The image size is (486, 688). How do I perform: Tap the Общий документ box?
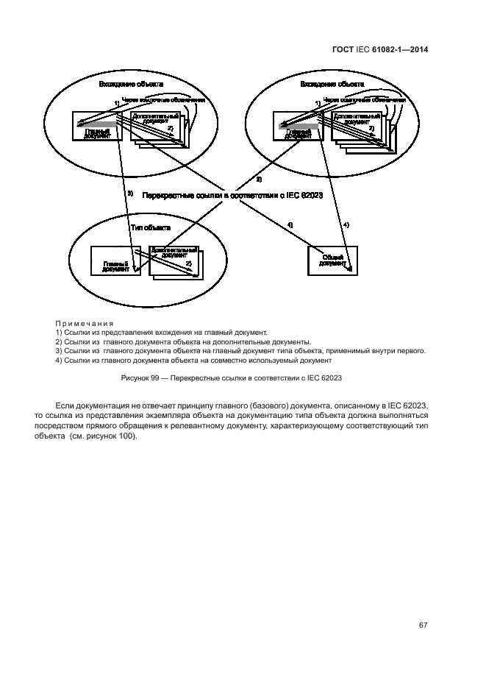click(331, 259)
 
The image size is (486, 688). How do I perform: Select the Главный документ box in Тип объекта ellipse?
click(113, 261)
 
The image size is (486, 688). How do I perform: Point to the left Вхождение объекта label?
click(130, 85)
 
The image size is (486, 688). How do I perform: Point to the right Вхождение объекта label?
click(332, 85)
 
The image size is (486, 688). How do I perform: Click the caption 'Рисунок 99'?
click(146, 377)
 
